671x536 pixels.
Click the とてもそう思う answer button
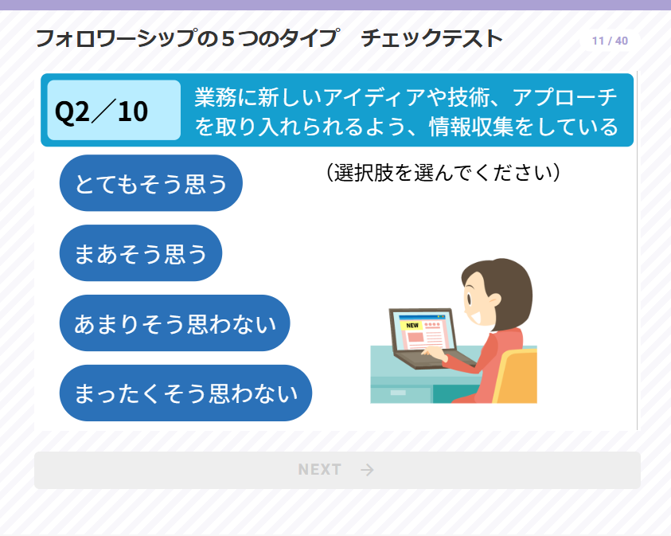(x=151, y=183)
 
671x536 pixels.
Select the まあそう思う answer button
(x=141, y=253)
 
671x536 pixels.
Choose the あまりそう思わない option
(x=174, y=323)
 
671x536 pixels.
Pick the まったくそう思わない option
(x=185, y=393)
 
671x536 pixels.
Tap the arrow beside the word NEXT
(x=367, y=470)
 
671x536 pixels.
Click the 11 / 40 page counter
(x=610, y=41)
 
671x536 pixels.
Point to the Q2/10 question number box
(x=114, y=110)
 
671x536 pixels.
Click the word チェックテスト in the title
(x=431, y=38)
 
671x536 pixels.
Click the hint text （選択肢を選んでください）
(x=443, y=173)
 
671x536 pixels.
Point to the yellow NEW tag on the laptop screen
(x=412, y=326)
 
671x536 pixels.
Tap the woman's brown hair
(x=507, y=287)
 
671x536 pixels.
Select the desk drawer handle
(x=398, y=393)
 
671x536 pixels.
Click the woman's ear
(x=494, y=300)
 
